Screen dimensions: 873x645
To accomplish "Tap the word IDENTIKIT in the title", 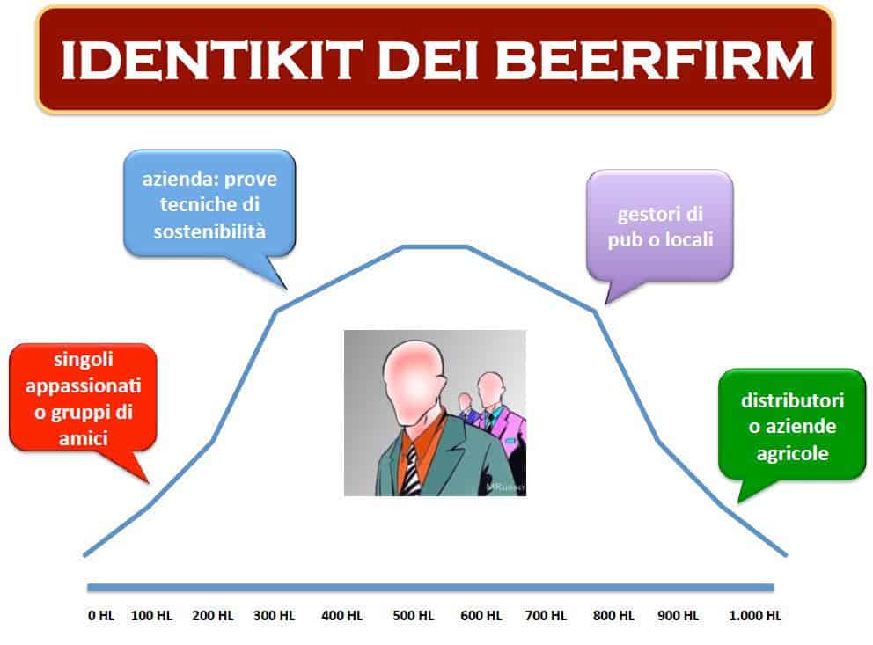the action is coord(211,60).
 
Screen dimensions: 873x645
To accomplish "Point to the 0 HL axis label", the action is coord(101,615).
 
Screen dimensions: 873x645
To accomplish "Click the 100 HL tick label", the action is coord(152,615).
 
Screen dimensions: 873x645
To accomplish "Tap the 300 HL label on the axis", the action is coord(275,615).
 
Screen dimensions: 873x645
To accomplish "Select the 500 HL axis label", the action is coord(413,615).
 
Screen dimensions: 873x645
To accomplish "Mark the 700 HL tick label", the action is coord(546,615).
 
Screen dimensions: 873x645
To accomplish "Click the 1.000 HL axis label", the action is coord(755,615).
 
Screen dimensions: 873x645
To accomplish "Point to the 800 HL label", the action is coord(613,615).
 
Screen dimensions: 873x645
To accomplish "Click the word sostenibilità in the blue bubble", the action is coord(209,231).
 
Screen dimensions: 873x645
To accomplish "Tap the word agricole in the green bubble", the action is coord(792,453).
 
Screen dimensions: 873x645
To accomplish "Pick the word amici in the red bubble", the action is coord(84,438).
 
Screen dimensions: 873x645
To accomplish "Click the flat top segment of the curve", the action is coord(435,246).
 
